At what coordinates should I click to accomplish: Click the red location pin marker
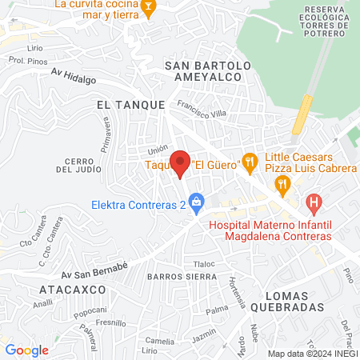pos(181,163)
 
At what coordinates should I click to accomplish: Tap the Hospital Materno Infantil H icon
pos(314,203)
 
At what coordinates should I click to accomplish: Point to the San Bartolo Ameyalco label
pos(208,71)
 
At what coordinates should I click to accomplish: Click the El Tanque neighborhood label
pos(130,105)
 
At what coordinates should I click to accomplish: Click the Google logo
pos(26,350)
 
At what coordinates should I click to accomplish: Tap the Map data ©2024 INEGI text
pos(312,354)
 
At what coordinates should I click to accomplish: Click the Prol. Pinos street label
pos(25,60)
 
